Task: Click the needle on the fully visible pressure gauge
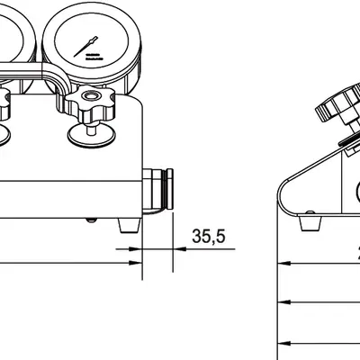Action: [x=93, y=41]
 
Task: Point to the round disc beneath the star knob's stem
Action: [x=91, y=133]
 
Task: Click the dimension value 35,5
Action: [x=208, y=237]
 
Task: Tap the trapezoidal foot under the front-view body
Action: [x=129, y=223]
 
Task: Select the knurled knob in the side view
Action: [x=335, y=108]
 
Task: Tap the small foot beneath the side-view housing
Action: [x=310, y=220]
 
